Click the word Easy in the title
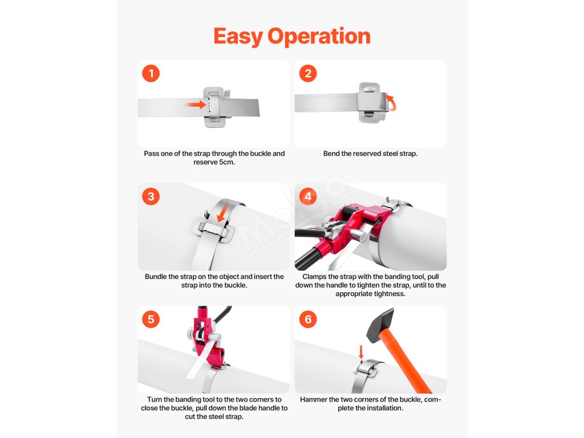point(238,37)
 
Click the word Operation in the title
point(319,37)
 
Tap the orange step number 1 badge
point(151,74)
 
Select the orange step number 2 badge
point(308,74)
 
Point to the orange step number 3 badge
point(151,196)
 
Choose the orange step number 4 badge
point(308,196)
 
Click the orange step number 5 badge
point(151,319)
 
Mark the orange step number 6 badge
point(308,319)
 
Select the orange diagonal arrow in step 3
point(222,215)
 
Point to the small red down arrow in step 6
point(361,352)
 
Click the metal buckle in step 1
point(216,107)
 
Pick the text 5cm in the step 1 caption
point(227,163)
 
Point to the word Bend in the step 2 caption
point(331,153)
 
